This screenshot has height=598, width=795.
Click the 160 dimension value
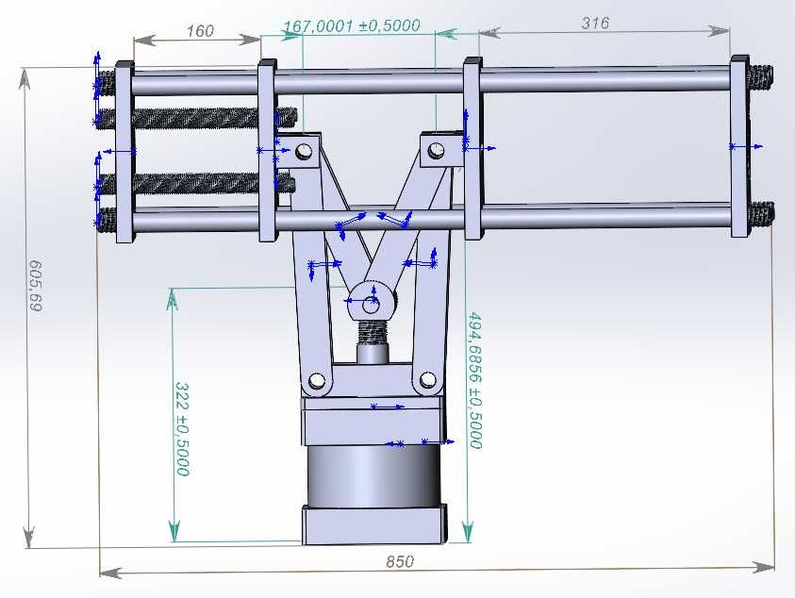(200, 31)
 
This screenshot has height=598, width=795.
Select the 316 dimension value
(595, 23)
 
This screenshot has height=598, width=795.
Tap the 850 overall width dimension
(400, 561)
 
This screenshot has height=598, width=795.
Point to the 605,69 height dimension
(36, 286)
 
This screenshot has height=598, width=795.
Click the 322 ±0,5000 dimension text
(182, 429)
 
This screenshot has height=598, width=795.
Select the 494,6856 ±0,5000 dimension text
(474, 380)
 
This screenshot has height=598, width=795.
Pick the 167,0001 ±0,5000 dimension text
(352, 25)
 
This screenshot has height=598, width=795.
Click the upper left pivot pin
(305, 151)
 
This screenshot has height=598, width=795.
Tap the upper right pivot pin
(436, 150)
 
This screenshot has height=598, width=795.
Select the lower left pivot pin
(317, 380)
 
